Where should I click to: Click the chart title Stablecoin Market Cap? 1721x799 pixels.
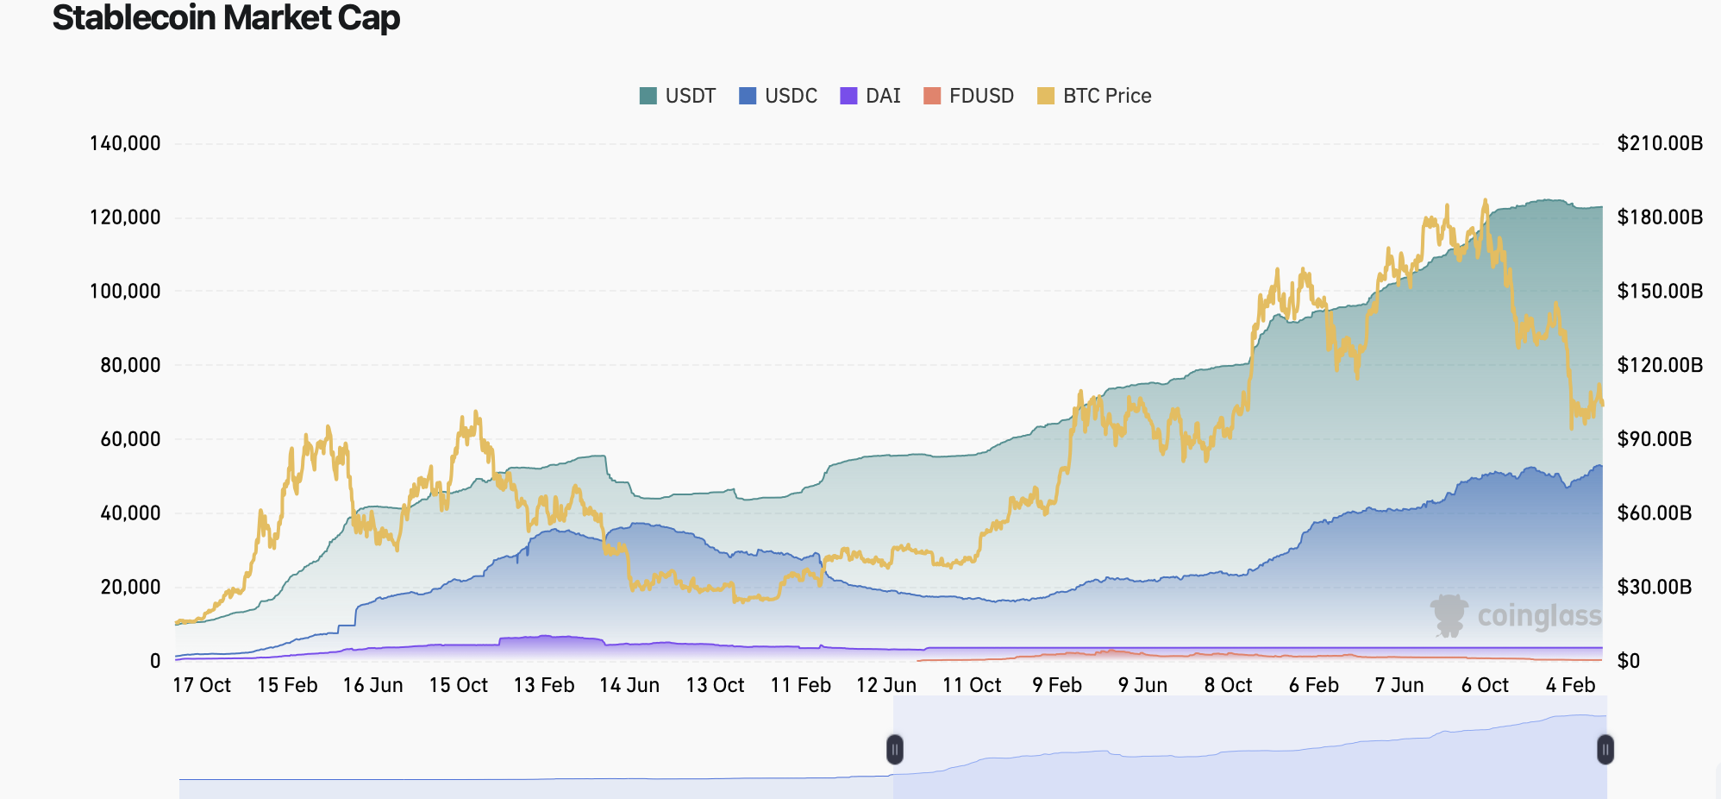226,18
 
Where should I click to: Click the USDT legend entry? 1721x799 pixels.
678,96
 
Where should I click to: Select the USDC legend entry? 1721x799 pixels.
778,96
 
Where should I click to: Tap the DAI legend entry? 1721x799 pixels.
870,96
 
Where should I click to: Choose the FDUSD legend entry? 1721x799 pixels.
968,96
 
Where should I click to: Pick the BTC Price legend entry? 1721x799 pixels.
1094,96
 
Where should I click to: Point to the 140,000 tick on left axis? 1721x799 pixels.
125,143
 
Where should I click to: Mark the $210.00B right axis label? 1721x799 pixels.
1660,143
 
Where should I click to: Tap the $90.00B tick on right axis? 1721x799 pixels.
1654,439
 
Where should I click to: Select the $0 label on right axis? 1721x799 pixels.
1628,662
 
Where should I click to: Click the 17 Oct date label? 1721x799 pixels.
202,685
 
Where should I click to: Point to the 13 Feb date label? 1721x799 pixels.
544,685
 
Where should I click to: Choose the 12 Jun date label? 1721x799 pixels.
886,685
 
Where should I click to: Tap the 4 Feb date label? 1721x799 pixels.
1570,685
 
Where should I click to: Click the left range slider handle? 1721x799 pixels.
895,749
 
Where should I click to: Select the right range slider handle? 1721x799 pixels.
1605,749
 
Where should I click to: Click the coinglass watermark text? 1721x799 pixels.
1539,616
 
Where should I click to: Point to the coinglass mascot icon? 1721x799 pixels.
1449,615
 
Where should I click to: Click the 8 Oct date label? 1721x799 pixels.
1228,685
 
